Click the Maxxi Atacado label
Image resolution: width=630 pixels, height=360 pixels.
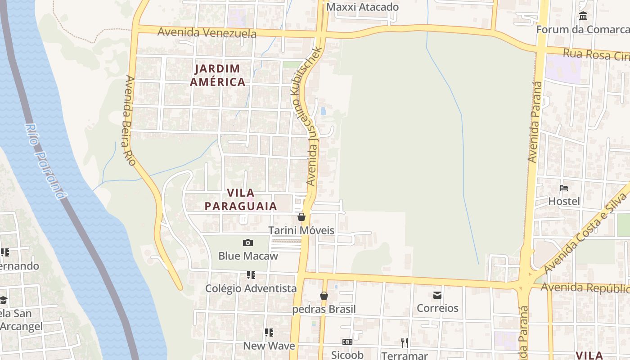[362, 7]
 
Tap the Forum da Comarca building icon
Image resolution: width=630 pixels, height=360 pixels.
[583, 16]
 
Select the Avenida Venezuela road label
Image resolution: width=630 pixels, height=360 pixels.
[207, 32]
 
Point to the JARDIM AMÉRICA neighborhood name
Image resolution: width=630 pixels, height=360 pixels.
[218, 75]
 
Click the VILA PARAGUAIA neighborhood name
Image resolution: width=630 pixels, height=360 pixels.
[241, 199]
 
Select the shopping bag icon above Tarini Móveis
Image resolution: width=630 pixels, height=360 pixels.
[301, 217]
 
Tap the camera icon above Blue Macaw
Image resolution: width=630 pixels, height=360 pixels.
[248, 243]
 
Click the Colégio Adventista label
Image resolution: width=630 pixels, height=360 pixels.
[251, 288]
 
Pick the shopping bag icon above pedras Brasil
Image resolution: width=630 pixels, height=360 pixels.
[324, 296]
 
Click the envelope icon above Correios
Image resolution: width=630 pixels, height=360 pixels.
[437, 295]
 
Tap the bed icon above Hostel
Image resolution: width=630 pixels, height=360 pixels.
[564, 188]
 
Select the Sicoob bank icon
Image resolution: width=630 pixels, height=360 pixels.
[347, 342]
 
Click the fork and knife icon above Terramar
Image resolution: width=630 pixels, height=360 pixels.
[405, 343]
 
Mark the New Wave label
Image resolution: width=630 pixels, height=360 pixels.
[269, 346]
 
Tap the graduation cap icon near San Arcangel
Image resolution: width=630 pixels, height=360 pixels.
[4, 300]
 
